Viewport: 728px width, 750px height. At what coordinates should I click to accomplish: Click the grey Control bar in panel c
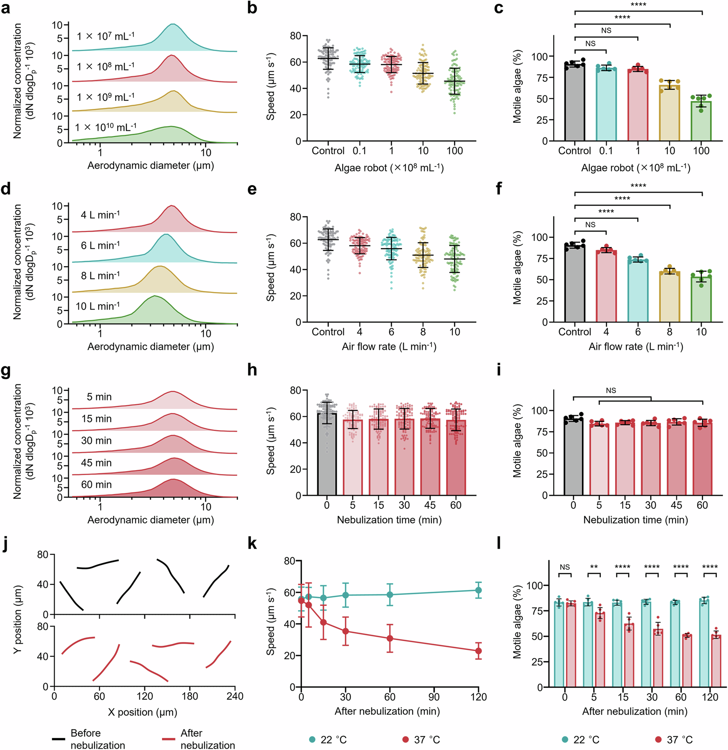(x=575, y=103)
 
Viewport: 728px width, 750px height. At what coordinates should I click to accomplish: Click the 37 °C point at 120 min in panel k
(x=478, y=651)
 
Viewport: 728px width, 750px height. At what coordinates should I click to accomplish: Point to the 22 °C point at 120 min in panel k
(x=478, y=590)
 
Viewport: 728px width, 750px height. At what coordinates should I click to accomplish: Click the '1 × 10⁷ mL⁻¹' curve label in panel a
(x=105, y=36)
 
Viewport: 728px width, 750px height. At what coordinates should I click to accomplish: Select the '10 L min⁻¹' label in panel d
(x=98, y=306)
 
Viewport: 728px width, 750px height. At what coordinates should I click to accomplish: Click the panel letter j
(x=5, y=545)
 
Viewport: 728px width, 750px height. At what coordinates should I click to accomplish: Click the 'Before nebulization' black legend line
(x=59, y=739)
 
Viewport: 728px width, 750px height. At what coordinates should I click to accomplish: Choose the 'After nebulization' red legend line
(x=168, y=739)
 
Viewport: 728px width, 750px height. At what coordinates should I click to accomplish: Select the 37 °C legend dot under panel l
(x=658, y=739)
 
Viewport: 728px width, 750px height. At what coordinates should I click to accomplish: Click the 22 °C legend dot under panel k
(x=312, y=739)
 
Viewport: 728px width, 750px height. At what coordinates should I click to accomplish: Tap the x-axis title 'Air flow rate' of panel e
(x=389, y=347)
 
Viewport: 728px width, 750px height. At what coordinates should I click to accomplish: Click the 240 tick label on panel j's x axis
(x=235, y=696)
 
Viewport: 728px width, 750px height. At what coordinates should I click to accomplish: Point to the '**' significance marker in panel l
(x=593, y=567)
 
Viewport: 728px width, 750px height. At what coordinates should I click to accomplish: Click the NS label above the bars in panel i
(x=611, y=390)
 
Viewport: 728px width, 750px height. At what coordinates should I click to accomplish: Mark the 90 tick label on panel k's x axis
(x=434, y=697)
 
